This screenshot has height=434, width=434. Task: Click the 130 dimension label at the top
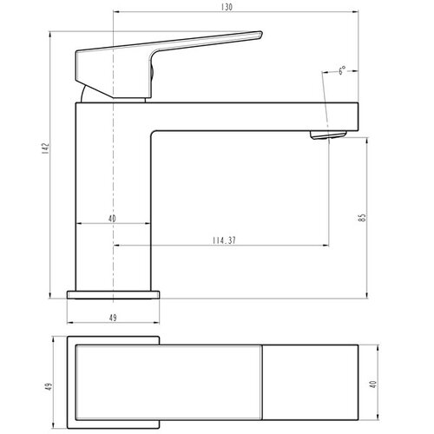(227, 7)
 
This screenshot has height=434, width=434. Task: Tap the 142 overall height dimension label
(46, 148)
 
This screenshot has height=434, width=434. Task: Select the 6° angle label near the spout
(342, 70)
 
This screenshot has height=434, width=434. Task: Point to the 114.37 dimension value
(224, 240)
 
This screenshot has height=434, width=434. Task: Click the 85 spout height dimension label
(362, 218)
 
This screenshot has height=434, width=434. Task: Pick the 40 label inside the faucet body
(112, 219)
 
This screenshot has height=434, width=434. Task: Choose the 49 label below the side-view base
(113, 318)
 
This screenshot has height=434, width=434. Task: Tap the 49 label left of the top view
(49, 387)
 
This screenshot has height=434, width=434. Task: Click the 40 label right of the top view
(373, 385)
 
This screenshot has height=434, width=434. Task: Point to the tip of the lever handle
(261, 32)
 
